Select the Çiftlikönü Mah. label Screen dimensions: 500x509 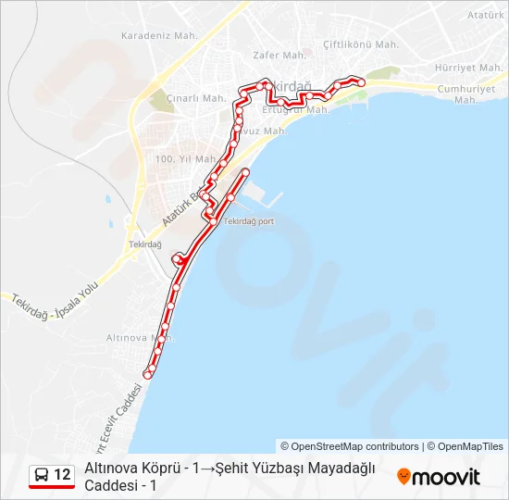[360, 44]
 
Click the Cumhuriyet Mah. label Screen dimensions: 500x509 [472, 94]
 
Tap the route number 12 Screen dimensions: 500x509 [62, 475]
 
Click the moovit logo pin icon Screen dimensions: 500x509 [403, 476]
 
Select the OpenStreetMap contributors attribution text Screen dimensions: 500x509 [350, 446]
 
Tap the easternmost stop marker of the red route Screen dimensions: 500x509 [362, 82]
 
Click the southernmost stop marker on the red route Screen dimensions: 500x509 [147, 374]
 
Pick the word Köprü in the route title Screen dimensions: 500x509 [163, 469]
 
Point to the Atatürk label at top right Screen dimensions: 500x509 [485, 17]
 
